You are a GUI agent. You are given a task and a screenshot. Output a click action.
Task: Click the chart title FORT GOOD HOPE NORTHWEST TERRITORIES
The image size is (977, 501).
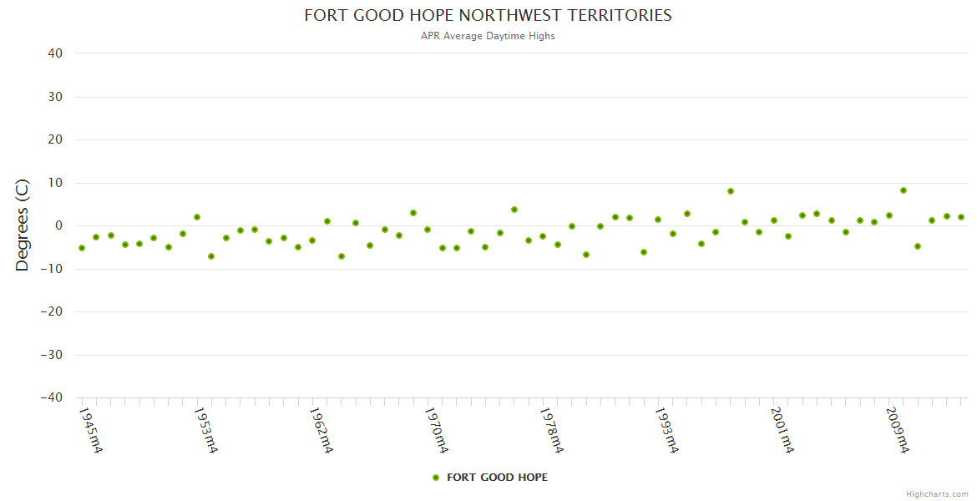488,15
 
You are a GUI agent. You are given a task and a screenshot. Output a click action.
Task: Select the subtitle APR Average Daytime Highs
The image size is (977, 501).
488,36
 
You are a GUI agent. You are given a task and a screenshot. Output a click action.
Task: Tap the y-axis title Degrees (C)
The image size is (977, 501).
23,225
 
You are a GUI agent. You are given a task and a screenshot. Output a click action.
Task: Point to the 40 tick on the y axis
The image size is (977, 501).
55,53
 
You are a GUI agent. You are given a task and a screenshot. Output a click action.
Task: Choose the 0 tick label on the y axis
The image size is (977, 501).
58,225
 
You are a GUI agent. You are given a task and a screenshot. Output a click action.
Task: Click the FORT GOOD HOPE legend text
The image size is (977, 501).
498,478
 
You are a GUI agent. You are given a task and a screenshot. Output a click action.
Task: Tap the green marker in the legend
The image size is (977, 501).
435,478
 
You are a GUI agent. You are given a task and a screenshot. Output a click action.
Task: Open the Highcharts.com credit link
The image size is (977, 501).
937,493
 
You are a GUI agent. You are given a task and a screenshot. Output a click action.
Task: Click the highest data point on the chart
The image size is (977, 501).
904,190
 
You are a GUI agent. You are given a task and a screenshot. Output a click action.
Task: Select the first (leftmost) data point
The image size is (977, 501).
82,248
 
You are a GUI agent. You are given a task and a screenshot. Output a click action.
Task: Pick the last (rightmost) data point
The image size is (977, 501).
961,217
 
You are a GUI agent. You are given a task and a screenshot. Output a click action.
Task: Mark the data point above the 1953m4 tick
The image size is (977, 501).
197,217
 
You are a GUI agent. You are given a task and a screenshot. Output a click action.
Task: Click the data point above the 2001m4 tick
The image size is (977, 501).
774,220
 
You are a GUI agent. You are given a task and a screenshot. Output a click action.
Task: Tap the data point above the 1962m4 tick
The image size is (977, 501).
312,240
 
